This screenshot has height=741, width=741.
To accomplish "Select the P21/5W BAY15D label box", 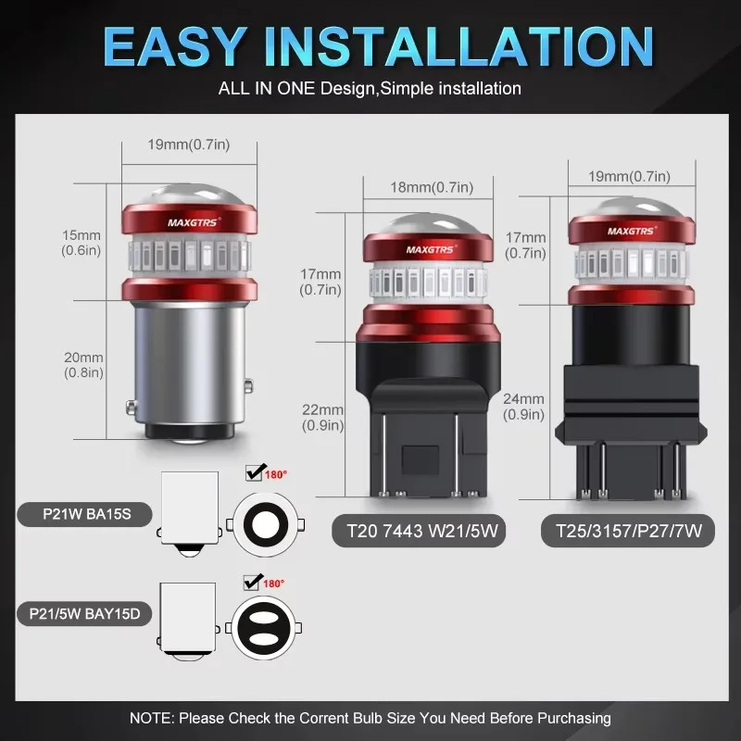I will [x=83, y=613].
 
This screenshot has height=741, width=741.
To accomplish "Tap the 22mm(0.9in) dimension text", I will [x=322, y=417].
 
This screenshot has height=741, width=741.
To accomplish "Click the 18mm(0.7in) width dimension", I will [x=427, y=188].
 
